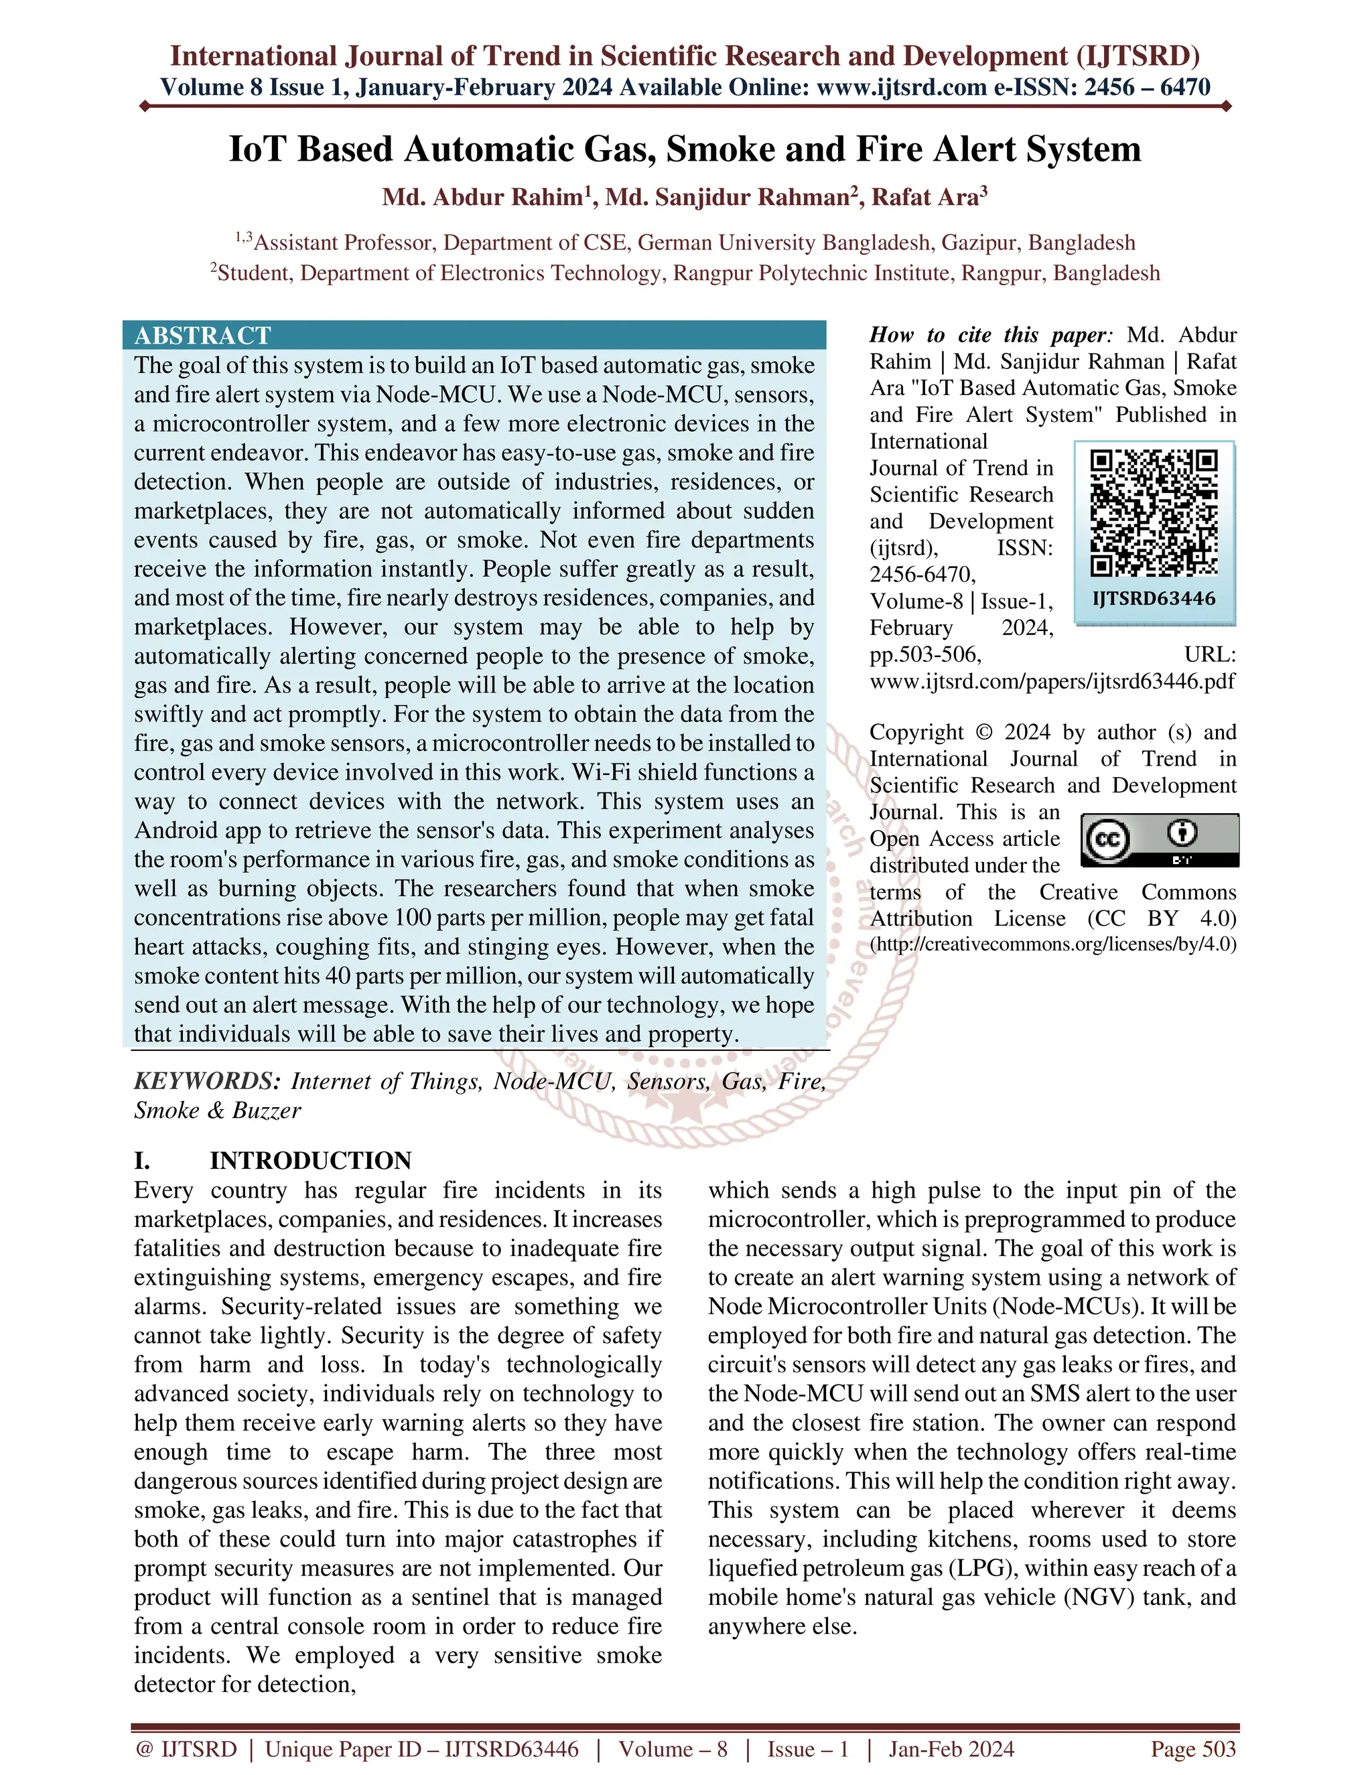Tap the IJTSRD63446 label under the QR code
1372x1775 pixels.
1154,599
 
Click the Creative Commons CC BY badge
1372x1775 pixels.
1159,839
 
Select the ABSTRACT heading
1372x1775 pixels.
202,335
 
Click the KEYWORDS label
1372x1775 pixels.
207,1081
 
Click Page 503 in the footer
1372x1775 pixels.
1192,1749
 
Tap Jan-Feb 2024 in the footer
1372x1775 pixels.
951,1749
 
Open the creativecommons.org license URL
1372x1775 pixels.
1052,944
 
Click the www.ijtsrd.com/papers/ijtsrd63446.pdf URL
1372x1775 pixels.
1052,681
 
